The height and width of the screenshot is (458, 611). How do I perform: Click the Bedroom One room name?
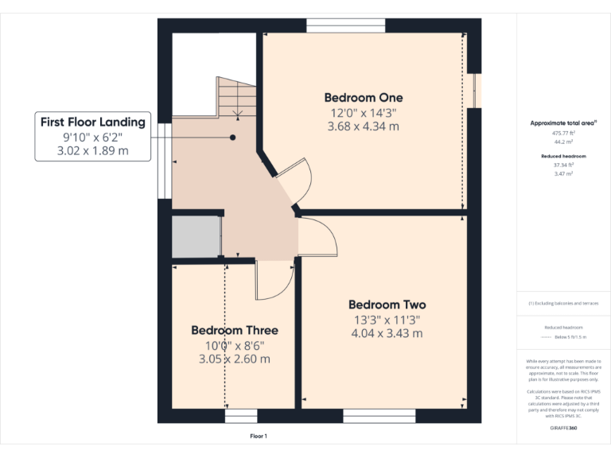363,98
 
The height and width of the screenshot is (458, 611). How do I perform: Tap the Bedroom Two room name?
387,305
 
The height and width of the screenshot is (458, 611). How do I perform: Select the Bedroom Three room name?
235,330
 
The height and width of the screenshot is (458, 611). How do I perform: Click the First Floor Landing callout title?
93,122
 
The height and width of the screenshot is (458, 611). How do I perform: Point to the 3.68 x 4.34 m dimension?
363,126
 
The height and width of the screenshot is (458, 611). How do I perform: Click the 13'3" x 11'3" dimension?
387,320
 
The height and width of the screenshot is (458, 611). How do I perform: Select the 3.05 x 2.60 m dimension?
235,359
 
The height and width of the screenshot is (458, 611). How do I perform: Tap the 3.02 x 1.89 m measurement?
93,150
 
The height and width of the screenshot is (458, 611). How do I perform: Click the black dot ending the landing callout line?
233,138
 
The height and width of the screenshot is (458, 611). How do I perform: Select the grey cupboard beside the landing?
196,235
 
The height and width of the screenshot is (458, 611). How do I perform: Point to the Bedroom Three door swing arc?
274,282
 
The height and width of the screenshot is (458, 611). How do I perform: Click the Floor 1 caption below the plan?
259,437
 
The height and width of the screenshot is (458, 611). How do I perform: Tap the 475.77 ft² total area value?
563,134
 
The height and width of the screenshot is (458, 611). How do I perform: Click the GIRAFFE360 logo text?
563,429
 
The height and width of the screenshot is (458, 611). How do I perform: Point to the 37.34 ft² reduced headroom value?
563,165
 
